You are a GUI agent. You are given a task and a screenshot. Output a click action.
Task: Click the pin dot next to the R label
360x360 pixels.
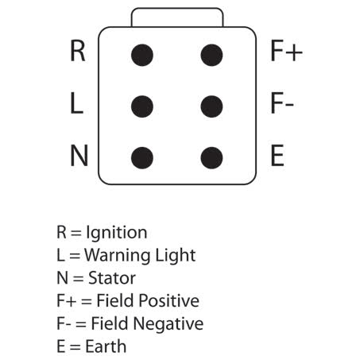(x=142, y=55)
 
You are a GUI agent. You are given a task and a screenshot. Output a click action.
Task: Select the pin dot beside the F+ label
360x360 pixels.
(x=211, y=55)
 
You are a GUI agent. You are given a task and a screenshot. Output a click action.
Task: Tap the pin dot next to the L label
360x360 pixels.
(x=142, y=106)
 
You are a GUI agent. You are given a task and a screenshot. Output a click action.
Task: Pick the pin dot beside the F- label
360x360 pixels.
(x=211, y=106)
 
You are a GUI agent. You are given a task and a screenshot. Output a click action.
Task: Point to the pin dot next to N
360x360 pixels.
(x=142, y=158)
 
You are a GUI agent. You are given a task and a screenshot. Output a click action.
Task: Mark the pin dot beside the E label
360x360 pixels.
(x=211, y=158)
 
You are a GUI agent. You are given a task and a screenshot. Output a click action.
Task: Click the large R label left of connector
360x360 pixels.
(x=78, y=51)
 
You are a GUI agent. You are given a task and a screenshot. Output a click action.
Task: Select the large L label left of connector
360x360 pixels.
(x=76, y=103)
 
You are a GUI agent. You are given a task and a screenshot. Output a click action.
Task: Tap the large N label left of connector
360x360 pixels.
(x=79, y=156)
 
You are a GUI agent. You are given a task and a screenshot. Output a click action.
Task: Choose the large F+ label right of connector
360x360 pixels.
(x=286, y=51)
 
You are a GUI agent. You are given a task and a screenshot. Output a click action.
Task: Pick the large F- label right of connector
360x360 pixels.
(x=282, y=103)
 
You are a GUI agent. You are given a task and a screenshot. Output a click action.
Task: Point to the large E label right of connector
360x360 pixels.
(x=277, y=156)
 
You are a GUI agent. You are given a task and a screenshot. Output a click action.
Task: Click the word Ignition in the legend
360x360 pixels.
(x=117, y=233)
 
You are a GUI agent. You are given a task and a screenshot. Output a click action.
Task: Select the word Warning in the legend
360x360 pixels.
(x=118, y=256)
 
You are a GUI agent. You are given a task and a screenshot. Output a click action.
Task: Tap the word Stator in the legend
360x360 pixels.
(x=112, y=278)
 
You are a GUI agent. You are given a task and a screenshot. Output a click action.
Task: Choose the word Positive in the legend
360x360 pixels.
(x=169, y=301)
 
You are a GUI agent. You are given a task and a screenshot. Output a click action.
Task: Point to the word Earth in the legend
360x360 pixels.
(x=106, y=346)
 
